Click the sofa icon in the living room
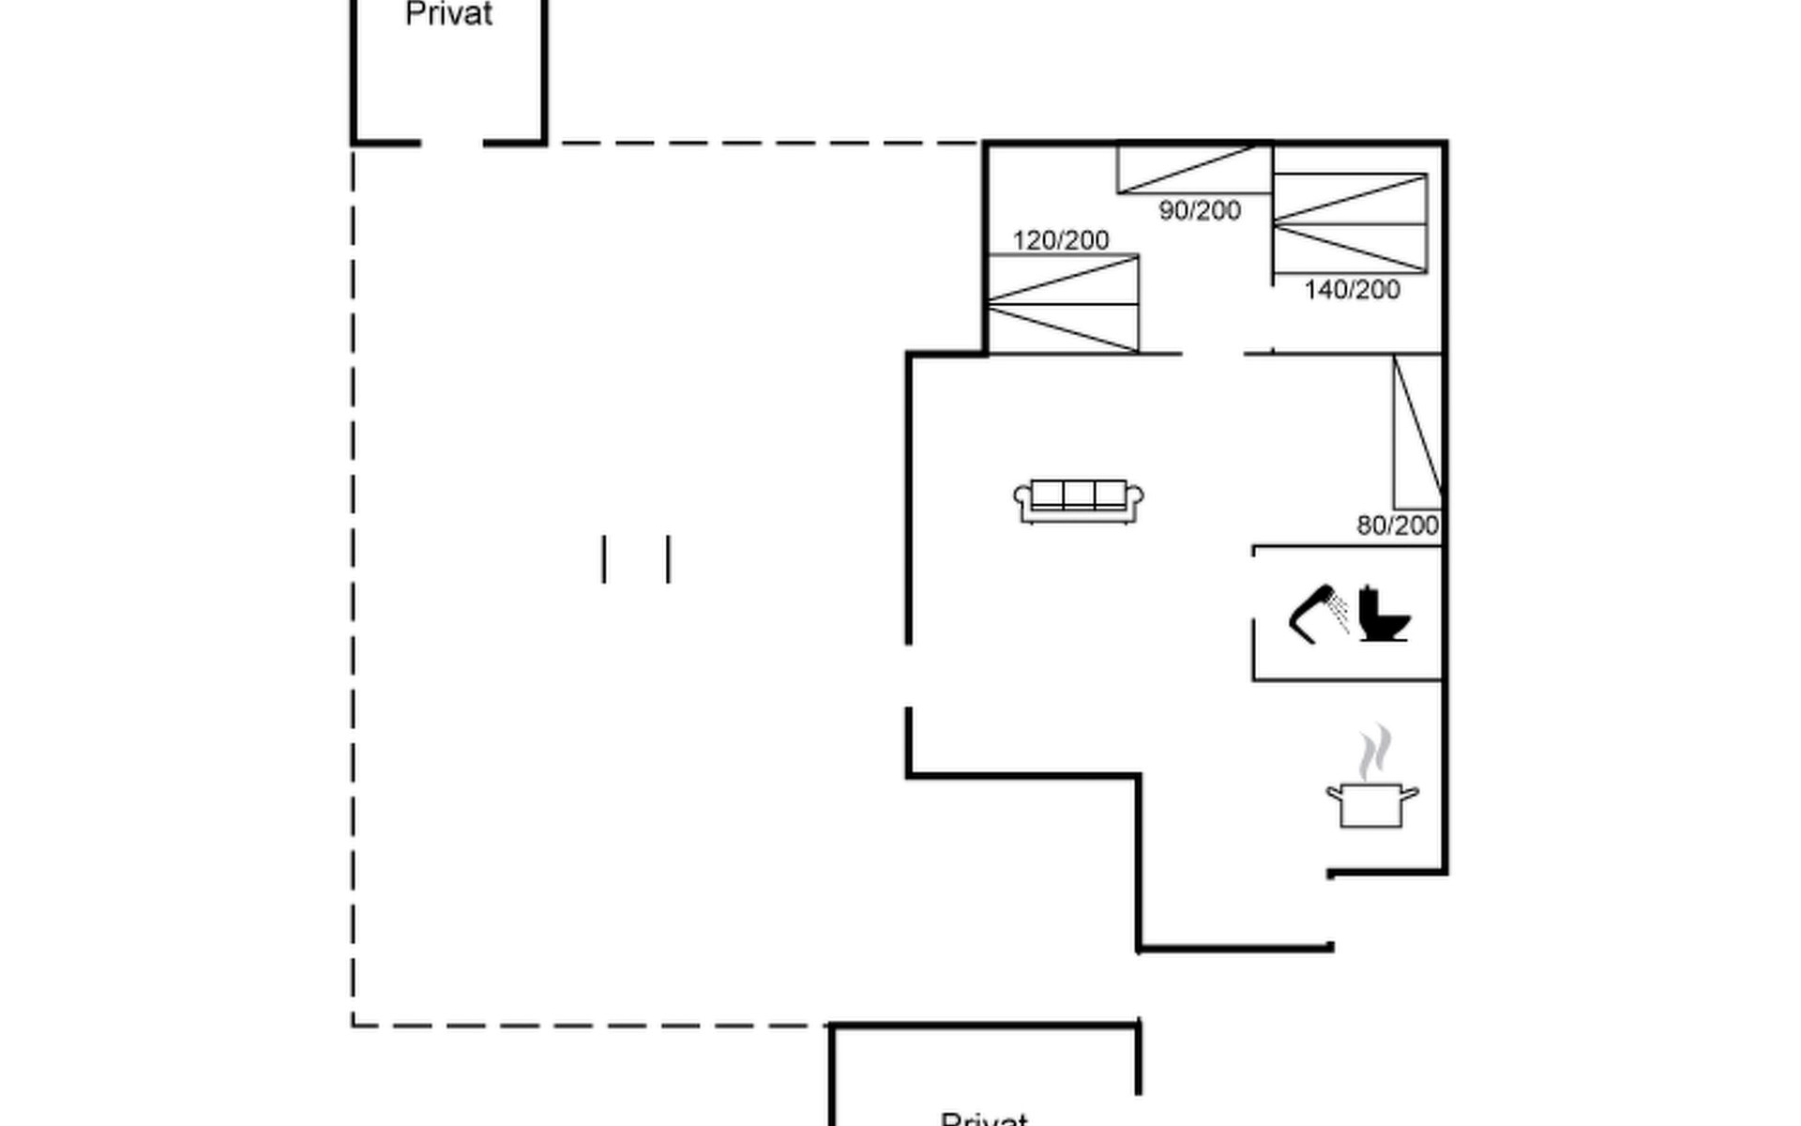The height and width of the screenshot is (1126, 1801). click(1078, 501)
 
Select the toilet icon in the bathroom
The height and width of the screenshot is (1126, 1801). click(1384, 614)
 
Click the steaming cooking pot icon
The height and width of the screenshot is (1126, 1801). click(1371, 804)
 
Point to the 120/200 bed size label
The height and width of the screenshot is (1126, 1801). click(1060, 240)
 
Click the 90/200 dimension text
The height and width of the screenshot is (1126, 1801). click(1200, 210)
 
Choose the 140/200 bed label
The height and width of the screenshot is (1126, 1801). click(1351, 289)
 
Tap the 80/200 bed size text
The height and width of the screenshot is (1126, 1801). click(1397, 525)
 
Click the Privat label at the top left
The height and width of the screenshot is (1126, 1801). click(448, 14)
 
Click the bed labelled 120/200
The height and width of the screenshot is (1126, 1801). click(1064, 304)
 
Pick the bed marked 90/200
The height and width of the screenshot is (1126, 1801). click(1194, 169)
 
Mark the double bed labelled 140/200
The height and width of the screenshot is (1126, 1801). click(1350, 223)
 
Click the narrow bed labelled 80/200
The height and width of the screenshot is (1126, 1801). click(1417, 432)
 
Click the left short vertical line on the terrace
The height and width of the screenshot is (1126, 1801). click(604, 559)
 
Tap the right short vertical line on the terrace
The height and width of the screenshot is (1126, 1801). click(668, 559)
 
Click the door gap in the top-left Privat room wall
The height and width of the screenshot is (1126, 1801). click(451, 144)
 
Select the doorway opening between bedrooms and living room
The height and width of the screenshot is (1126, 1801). click(1212, 354)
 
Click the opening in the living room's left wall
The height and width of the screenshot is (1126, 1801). click(908, 676)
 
